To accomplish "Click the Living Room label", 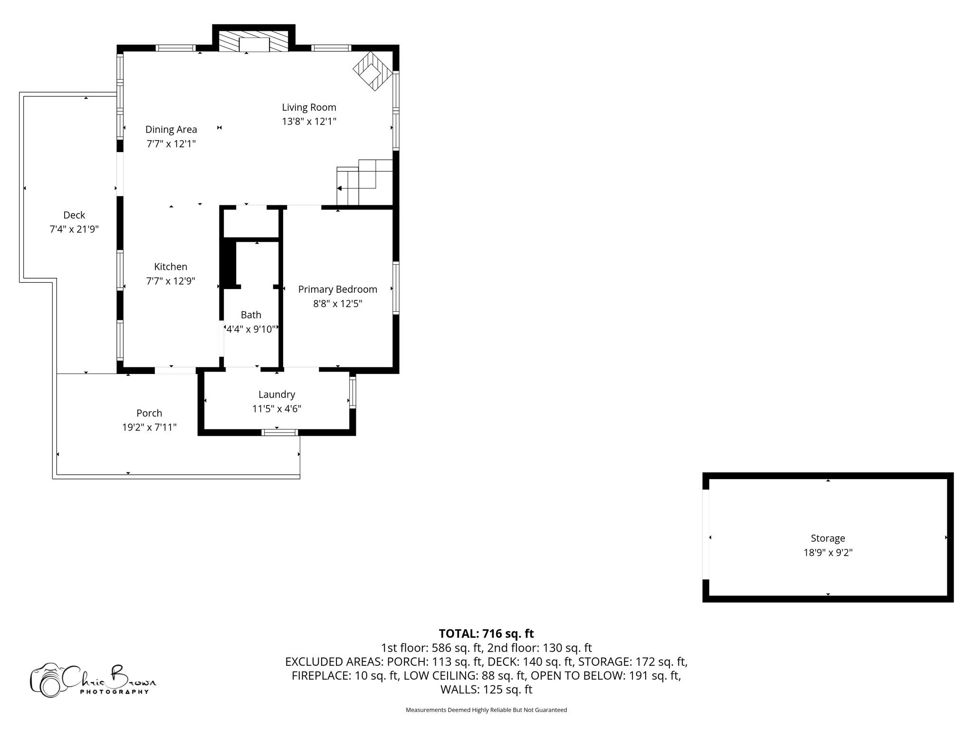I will (309, 107).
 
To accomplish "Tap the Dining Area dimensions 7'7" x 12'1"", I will (171, 144).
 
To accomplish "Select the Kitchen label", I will (171, 267).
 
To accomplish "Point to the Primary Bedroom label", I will (337, 289).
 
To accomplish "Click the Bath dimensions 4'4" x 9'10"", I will (251, 329).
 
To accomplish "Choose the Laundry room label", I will (277, 394).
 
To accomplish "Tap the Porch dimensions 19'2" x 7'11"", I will (149, 427).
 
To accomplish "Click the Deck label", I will (74, 215).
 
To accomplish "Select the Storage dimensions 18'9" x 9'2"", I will (828, 552).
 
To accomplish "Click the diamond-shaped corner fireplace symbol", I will (372, 71).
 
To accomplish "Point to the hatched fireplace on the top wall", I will (254, 41).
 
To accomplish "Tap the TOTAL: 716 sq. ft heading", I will (486, 634).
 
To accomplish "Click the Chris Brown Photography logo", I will (93, 680).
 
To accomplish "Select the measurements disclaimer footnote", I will (486, 710).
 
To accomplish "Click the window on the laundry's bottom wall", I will (279, 432).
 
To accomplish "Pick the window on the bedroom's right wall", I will (396, 288).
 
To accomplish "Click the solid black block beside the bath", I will (229, 264).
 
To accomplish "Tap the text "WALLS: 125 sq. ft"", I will (486, 689).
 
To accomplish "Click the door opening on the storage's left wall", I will (706, 534).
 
